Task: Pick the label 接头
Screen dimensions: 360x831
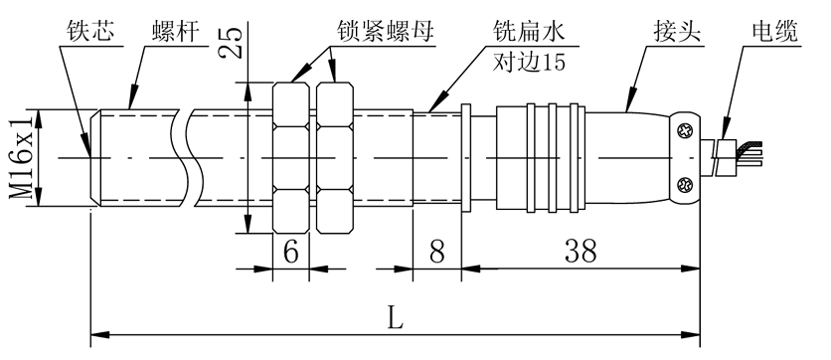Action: (x=677, y=32)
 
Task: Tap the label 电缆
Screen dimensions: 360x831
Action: (x=773, y=32)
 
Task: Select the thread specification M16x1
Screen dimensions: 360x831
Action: (x=22, y=157)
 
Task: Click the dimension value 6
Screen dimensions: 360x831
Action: (x=291, y=253)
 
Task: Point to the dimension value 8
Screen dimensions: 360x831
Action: (x=436, y=253)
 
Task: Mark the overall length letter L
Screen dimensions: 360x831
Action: (x=395, y=319)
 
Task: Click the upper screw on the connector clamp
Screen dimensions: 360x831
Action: (x=685, y=129)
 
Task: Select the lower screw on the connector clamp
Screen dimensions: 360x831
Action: (x=685, y=184)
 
